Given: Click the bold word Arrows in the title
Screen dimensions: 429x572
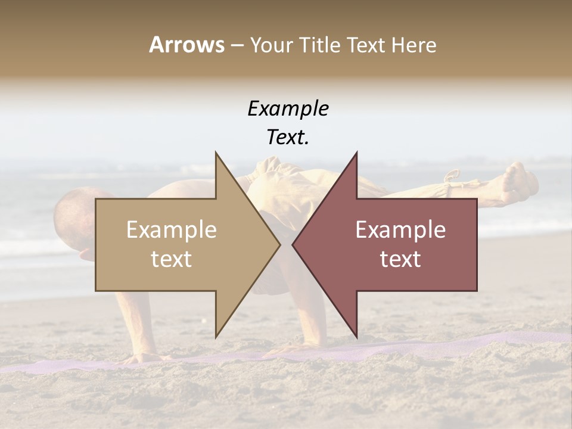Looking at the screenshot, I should tap(186, 45).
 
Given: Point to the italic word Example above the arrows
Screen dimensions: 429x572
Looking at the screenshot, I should tap(288, 108).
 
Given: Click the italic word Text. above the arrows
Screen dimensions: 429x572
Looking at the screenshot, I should tap(288, 137).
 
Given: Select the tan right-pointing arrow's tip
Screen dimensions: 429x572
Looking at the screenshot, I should tap(278, 244).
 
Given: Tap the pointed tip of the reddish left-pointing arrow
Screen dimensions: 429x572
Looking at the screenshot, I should tap(294, 244).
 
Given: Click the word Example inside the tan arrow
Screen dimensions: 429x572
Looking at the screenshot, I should tap(171, 230).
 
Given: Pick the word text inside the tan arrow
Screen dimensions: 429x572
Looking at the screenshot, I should tap(171, 259).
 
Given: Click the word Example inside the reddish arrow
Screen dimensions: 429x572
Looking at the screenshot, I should tap(400, 230).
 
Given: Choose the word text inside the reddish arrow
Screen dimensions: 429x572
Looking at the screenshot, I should tap(400, 259).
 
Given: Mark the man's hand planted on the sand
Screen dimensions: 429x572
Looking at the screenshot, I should tap(143, 357).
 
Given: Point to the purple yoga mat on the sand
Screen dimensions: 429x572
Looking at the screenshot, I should tap(417, 349).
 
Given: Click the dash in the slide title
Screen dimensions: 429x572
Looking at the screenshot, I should tap(237, 45).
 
